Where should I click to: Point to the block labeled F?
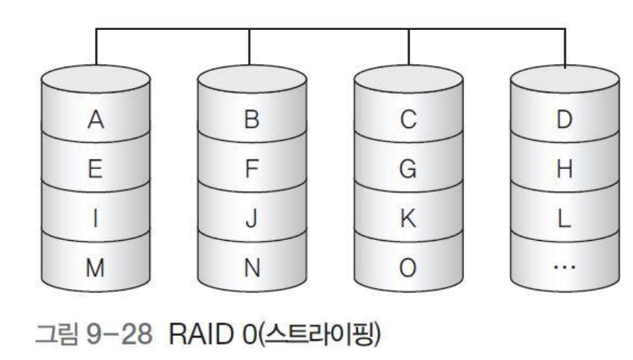click(x=251, y=169)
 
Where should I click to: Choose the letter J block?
click(x=251, y=218)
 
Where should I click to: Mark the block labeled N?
click(x=251, y=266)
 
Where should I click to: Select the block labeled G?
click(x=408, y=169)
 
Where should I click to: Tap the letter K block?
click(x=408, y=218)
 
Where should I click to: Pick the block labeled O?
click(x=408, y=266)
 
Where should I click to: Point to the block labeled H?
click(x=564, y=169)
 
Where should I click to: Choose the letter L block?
click(x=564, y=218)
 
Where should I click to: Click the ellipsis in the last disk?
click(x=564, y=266)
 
